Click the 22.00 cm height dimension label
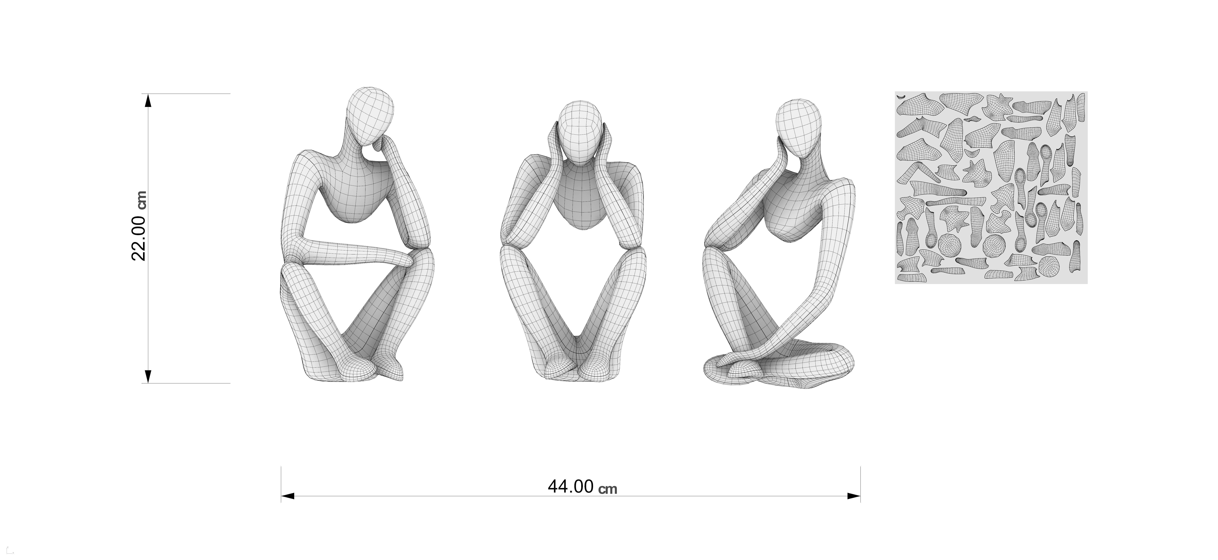140,226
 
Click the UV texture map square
991,188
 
